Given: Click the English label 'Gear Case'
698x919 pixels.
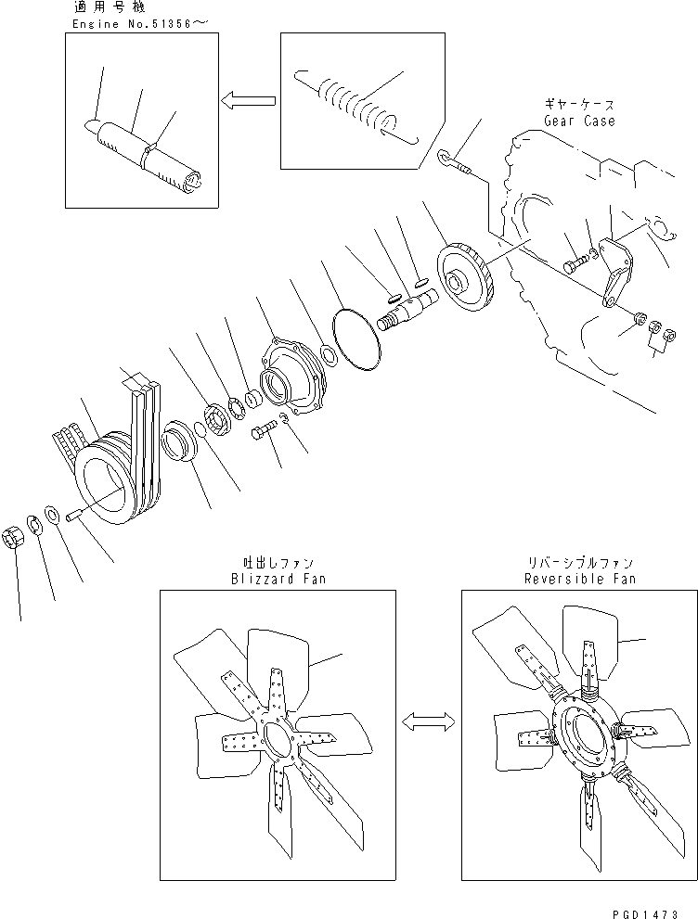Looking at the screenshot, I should pos(579,121).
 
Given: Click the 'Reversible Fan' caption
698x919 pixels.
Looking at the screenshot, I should pos(579,579).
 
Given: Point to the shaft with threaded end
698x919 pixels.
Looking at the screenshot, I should pos(408,311).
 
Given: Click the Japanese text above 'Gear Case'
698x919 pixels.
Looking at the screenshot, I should pos(579,106).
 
